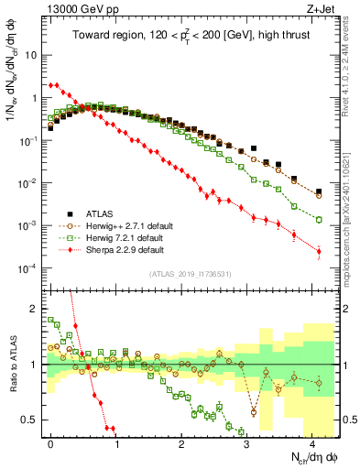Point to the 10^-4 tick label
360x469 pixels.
click(x=26, y=267)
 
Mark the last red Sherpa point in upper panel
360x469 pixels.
click(x=319, y=251)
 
